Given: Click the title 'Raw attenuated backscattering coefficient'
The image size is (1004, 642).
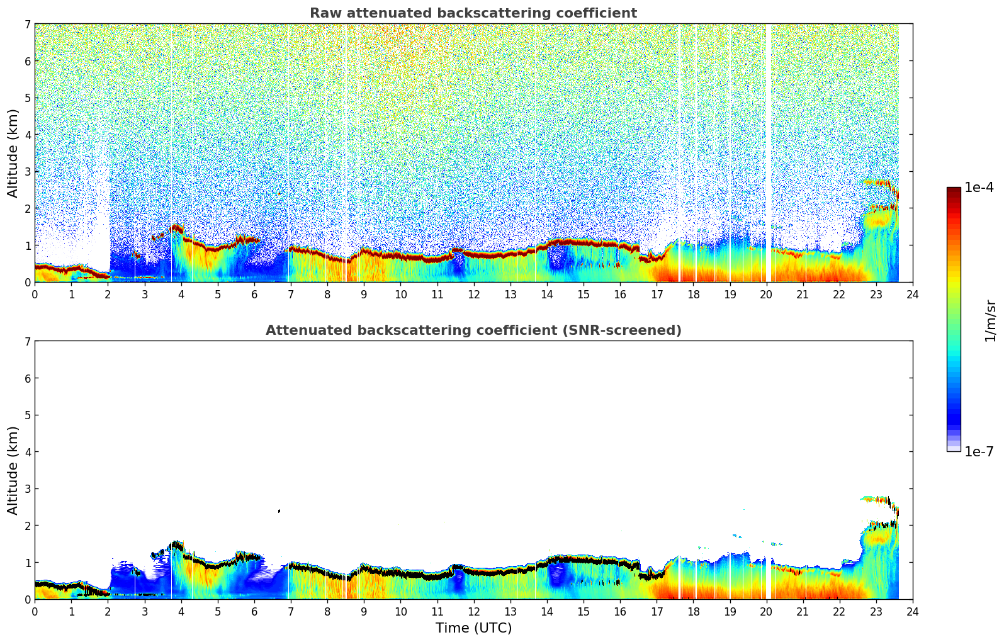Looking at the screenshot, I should (x=473, y=13).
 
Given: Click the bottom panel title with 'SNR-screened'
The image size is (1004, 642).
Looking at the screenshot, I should (x=473, y=330).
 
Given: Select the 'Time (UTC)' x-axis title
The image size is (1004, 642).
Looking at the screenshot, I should (x=473, y=628).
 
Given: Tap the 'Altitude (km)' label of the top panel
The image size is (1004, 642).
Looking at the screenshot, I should (x=13, y=153).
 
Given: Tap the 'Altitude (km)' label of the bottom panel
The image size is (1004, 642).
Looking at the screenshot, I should (x=13, y=470).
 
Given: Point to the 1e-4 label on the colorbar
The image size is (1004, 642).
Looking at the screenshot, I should (x=979, y=188).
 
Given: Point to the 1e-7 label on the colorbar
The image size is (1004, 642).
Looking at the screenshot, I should (x=979, y=451).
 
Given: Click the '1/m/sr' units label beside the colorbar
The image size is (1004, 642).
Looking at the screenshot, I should (x=990, y=320).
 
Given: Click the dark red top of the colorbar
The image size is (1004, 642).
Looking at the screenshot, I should (x=953, y=190).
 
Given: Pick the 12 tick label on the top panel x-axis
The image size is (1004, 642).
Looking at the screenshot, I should (x=473, y=294).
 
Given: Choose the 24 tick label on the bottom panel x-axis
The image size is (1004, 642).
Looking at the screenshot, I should (x=912, y=611).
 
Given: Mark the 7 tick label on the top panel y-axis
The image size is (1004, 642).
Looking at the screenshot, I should (x=28, y=24).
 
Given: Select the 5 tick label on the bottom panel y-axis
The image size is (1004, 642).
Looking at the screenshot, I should (x=28, y=415).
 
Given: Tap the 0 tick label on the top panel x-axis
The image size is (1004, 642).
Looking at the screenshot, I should (x=35, y=294).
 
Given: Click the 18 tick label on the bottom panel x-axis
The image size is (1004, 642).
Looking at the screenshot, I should (x=693, y=611).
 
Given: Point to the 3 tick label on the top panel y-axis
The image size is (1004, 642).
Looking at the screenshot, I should (x=28, y=171).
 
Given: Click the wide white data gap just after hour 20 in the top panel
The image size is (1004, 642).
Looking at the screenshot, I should (x=768, y=151).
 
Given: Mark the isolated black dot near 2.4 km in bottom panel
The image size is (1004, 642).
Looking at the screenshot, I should (x=279, y=511).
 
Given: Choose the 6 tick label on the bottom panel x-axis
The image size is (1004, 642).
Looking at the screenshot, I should (x=254, y=611).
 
